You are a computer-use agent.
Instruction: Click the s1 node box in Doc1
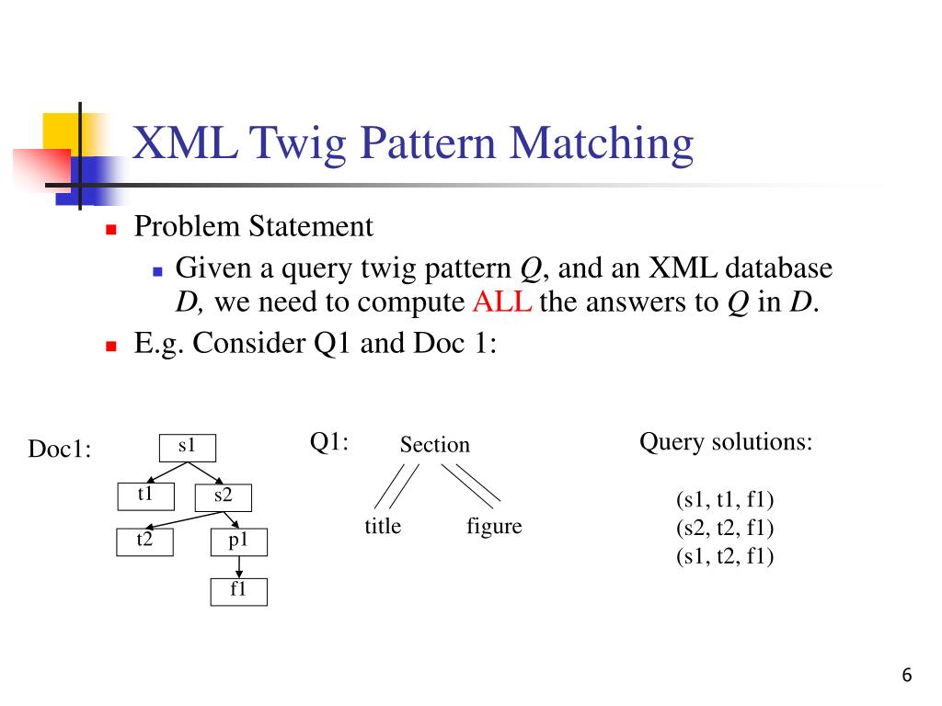pos(188,447)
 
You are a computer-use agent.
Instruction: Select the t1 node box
pos(145,495)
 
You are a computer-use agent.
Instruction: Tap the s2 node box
pos(224,497)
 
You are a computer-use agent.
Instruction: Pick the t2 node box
pos(145,542)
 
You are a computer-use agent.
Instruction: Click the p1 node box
pos(239,542)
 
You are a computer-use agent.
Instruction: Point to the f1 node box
pos(239,591)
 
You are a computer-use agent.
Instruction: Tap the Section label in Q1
pos(434,446)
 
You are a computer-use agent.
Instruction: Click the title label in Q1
pos(383,527)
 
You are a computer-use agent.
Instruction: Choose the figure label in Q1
pos(494,527)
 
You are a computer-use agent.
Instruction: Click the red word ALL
pos(502,302)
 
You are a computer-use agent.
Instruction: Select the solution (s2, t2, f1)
pos(725,529)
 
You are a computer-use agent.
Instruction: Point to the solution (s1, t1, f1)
pos(725,501)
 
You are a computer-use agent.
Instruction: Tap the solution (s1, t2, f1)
pos(725,556)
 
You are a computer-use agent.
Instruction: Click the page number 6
pos(907,677)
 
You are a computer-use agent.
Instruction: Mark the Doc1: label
pos(60,450)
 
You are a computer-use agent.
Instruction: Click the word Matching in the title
pos(603,144)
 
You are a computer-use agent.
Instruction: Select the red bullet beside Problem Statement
pos(111,229)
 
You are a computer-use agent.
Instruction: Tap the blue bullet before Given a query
pos(156,271)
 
